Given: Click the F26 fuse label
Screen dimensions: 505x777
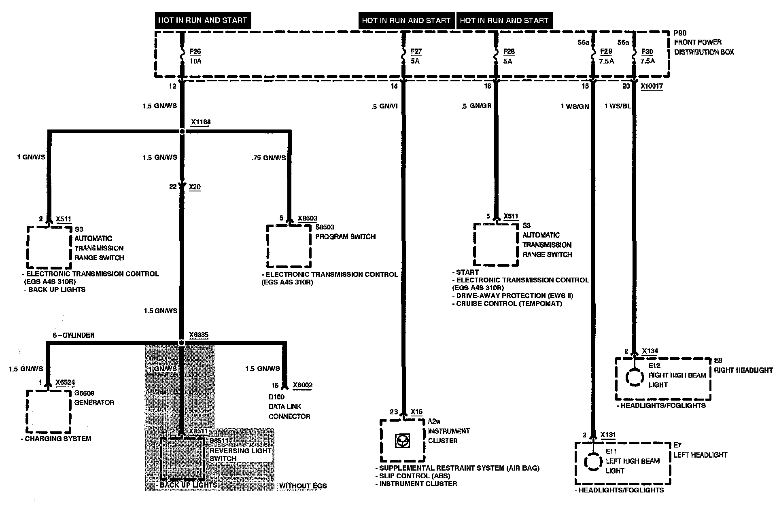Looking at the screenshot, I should [x=195, y=52].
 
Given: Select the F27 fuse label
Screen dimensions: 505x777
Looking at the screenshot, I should [x=416, y=51].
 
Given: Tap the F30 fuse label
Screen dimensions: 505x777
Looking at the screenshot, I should [x=647, y=51].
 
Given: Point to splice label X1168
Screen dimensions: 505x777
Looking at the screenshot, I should [x=201, y=122].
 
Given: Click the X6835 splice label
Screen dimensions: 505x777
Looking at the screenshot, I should [x=199, y=335].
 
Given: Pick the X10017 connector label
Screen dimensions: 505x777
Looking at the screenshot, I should [x=652, y=86].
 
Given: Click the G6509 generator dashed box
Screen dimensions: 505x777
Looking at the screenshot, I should [x=49, y=412].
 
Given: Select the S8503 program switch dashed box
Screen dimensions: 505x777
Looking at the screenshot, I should [x=289, y=246].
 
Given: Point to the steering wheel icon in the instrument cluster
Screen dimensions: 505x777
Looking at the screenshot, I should [x=402, y=440].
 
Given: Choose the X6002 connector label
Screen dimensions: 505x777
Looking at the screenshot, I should [x=302, y=385].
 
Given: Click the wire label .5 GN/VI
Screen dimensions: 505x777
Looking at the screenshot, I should [x=384, y=106].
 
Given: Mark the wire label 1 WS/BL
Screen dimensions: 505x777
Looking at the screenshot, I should [x=618, y=106].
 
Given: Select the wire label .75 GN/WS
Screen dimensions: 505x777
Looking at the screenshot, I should [x=268, y=157].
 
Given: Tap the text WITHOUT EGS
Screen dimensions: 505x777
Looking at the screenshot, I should [x=303, y=486].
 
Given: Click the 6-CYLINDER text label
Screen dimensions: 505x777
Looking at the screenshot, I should [x=73, y=335].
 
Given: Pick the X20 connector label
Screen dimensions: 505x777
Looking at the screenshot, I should [x=195, y=187].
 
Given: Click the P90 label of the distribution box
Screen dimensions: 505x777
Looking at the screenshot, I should [x=680, y=33].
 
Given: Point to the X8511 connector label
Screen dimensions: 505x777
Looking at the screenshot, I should [x=198, y=431].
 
